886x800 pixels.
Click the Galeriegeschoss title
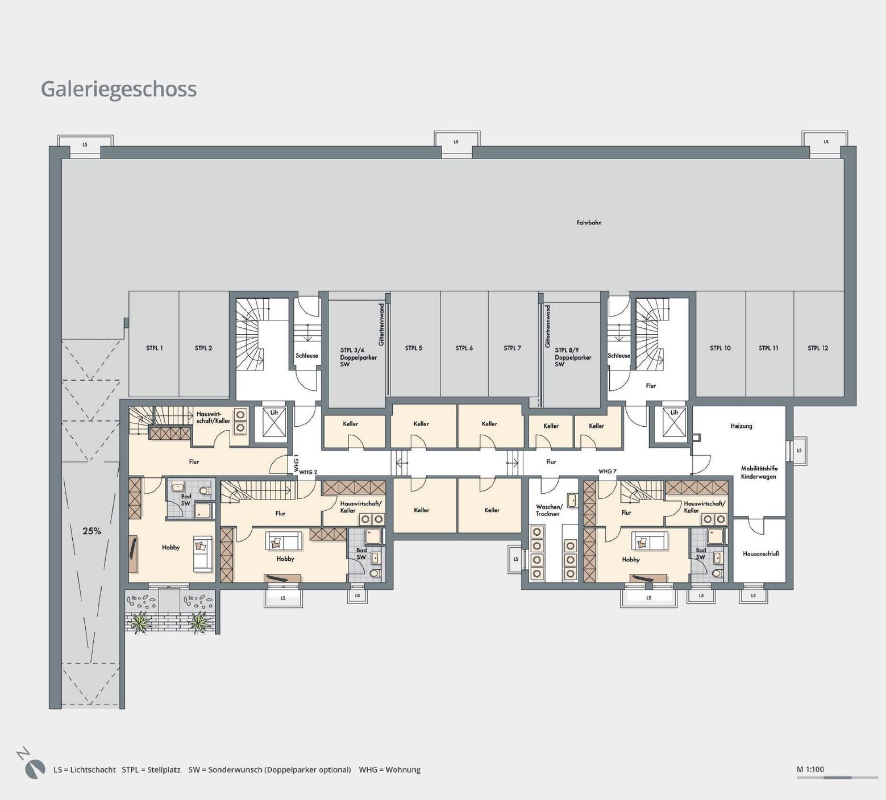pyautogui.click(x=119, y=89)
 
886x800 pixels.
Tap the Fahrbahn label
pyautogui.click(x=589, y=223)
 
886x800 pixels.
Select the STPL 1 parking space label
pyautogui.click(x=154, y=348)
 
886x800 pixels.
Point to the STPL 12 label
pyautogui.click(x=818, y=348)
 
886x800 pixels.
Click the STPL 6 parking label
pyautogui.click(x=464, y=348)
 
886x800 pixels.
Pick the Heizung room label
pyautogui.click(x=741, y=426)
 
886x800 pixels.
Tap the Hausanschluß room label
pyautogui.click(x=760, y=553)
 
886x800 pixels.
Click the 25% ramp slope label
pyautogui.click(x=91, y=531)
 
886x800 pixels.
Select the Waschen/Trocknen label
pyautogui.click(x=548, y=510)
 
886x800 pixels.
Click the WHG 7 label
pyautogui.click(x=608, y=472)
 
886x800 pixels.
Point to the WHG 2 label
pyautogui.click(x=308, y=472)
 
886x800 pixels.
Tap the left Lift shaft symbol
pyautogui.click(x=274, y=424)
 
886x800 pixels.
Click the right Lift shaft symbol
pyautogui.click(x=674, y=424)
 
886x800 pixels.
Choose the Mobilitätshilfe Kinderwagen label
pyautogui.click(x=759, y=473)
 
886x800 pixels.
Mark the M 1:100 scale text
pyautogui.click(x=810, y=770)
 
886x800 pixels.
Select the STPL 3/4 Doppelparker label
pyautogui.click(x=359, y=357)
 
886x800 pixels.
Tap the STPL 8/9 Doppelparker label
pyautogui.click(x=573, y=357)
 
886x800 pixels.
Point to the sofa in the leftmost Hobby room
pyautogui.click(x=202, y=553)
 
